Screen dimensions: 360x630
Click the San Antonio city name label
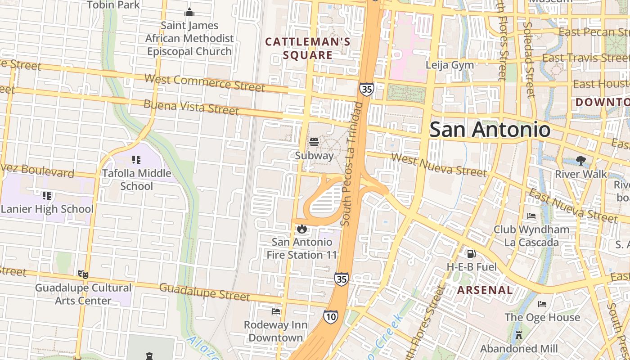point(490,130)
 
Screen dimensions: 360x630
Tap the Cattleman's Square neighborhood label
point(308,49)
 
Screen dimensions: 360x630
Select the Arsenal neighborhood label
point(485,290)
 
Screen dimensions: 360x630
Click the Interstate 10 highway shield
point(331,317)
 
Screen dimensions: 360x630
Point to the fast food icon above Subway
point(314,143)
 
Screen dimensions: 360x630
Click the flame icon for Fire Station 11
point(302,229)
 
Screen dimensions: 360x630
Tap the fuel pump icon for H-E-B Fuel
point(471,254)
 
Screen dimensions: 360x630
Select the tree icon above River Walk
point(580,161)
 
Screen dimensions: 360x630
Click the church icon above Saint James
point(189,12)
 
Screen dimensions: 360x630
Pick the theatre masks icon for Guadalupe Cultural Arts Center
point(83,274)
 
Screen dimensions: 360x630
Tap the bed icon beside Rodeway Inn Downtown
point(276,311)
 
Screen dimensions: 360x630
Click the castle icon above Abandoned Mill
point(518,335)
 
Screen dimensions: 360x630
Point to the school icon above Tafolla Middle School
point(136,160)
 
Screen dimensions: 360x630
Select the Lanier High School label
point(47,209)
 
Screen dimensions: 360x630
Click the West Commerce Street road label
point(204,83)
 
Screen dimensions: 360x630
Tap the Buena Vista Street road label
point(191,107)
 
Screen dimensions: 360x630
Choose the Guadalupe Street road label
point(204,292)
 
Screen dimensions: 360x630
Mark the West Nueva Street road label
point(438,165)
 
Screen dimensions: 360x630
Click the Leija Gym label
point(450,65)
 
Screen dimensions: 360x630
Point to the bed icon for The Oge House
point(542,304)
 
